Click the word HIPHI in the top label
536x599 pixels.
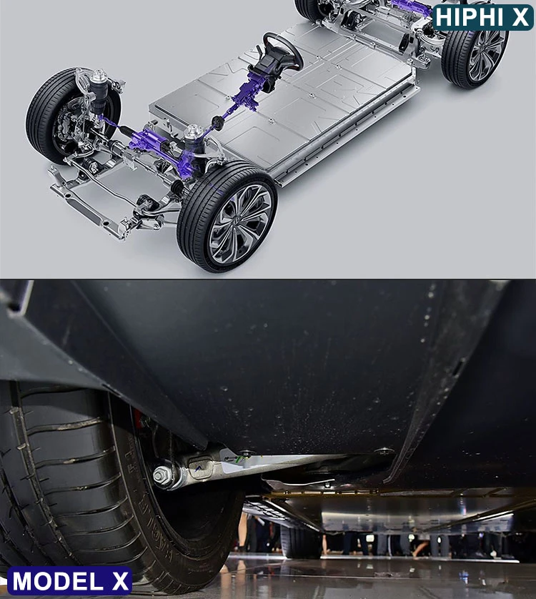pyautogui.click(x=471, y=17)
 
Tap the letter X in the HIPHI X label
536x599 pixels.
pyautogui.click(x=521, y=17)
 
